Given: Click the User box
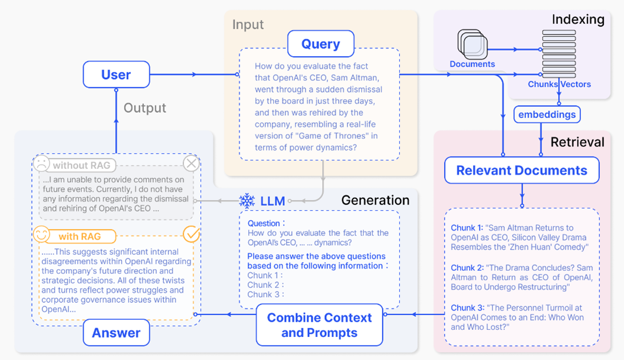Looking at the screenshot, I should pyautogui.click(x=116, y=75).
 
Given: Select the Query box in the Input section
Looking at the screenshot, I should pyautogui.click(x=320, y=44).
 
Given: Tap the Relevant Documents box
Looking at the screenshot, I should pyautogui.click(x=521, y=171).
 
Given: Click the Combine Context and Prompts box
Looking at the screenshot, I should pyautogui.click(x=319, y=325).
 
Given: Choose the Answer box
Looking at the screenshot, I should pyautogui.click(x=116, y=333).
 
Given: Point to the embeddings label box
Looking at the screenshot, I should pyautogui.click(x=547, y=114).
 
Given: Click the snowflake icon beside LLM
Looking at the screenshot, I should pyautogui.click(x=247, y=201).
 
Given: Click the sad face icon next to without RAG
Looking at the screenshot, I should pyautogui.click(x=41, y=163).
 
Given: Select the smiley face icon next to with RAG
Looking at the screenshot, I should pyautogui.click(x=41, y=235).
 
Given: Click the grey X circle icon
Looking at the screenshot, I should pyautogui.click(x=191, y=163).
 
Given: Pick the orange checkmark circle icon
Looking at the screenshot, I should pyautogui.click(x=191, y=234).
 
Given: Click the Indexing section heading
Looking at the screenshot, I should pyautogui.click(x=577, y=19).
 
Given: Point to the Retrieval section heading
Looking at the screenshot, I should pyautogui.click(x=577, y=142).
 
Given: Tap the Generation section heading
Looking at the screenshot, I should pyautogui.click(x=375, y=200).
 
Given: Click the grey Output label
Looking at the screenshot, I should pyautogui.click(x=144, y=108).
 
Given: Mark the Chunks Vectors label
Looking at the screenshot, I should pyautogui.click(x=559, y=84).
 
